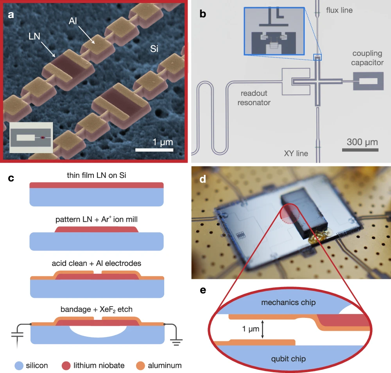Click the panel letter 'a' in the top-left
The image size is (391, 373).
click(11, 15)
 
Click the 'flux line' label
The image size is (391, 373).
click(339, 10)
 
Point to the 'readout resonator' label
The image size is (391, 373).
click(254, 98)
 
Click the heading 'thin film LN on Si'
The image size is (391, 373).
click(96, 176)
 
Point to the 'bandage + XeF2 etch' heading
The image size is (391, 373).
click(96, 309)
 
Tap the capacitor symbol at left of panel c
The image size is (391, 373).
click(16, 335)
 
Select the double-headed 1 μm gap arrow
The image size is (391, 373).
click(262, 329)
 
